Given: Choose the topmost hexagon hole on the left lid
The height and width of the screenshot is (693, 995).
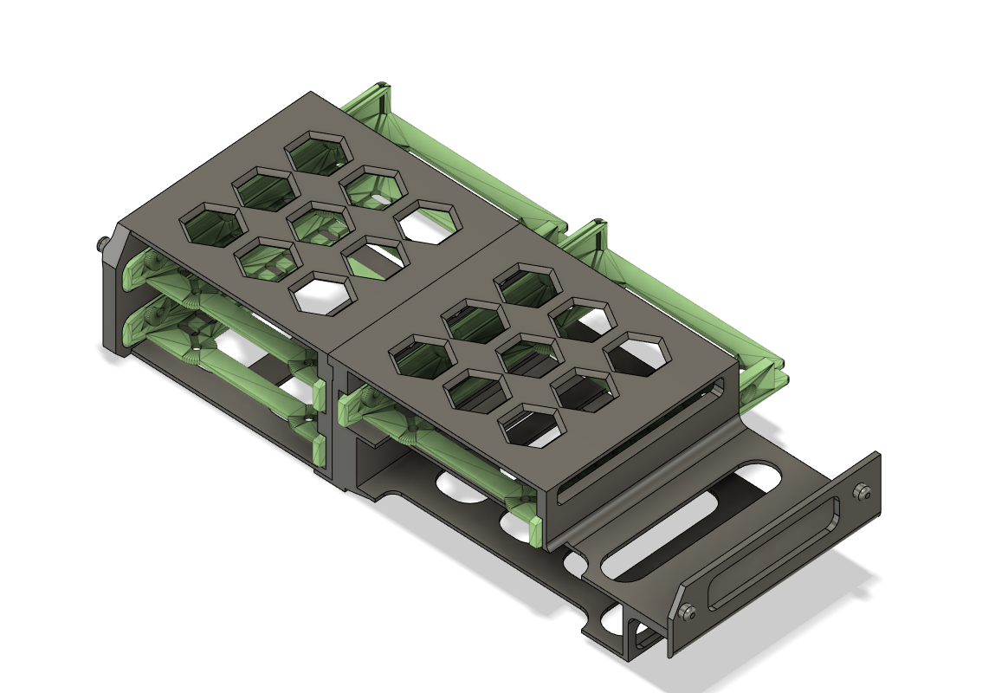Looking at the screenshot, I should pos(319,152).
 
